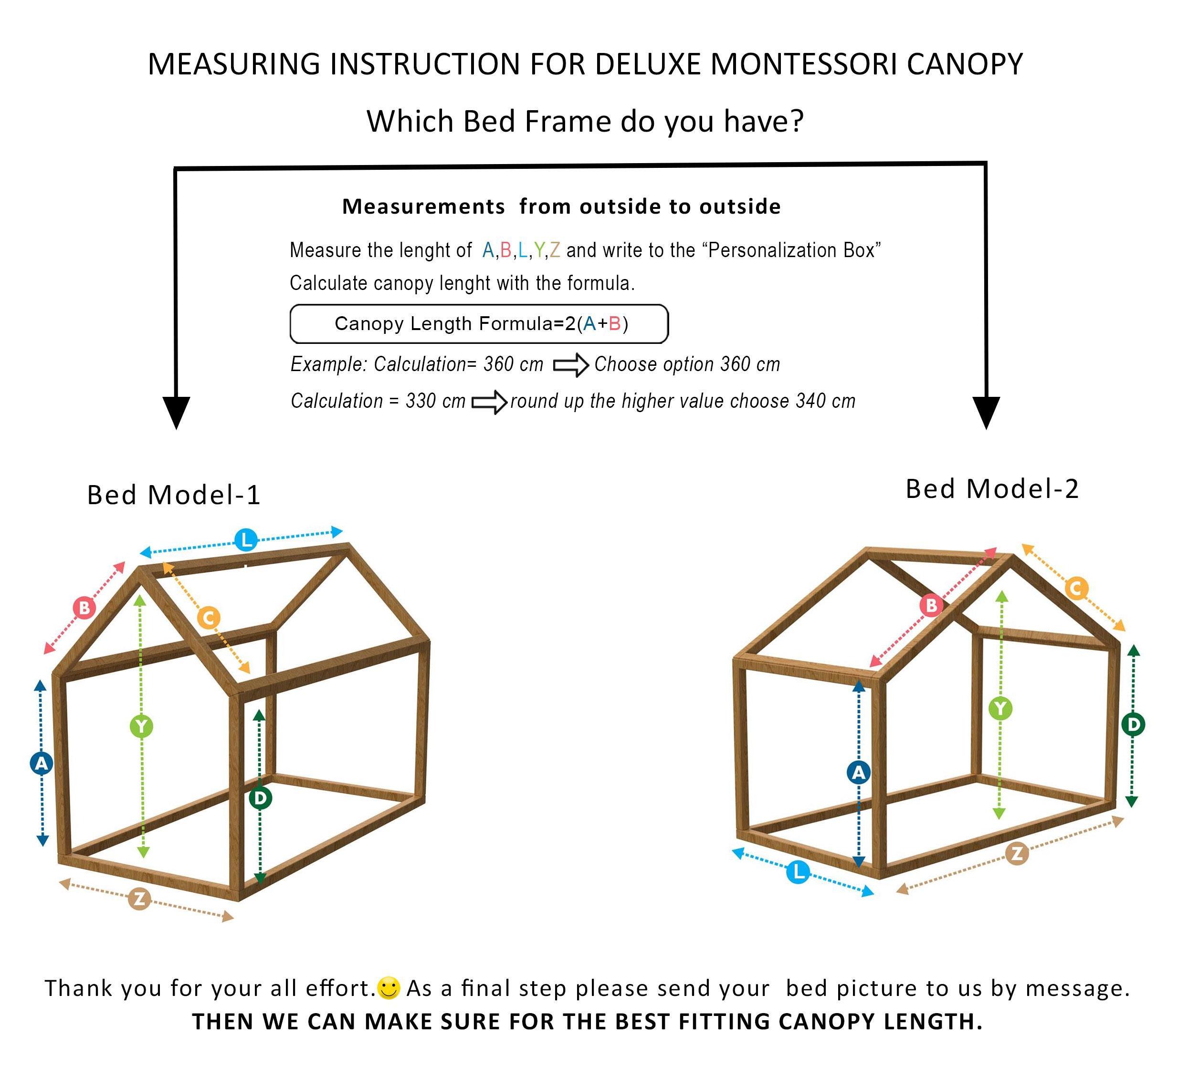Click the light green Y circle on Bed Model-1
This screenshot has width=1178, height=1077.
[141, 726]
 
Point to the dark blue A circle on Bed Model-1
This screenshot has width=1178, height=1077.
[42, 763]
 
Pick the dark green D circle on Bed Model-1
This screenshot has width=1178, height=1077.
[260, 798]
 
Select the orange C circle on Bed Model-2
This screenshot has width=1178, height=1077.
[1076, 588]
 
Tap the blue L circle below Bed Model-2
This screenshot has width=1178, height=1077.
[798, 872]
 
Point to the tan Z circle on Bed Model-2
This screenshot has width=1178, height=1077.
[1017, 854]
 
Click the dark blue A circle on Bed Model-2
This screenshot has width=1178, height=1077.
[858, 773]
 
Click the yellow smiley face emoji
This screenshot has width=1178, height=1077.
[389, 988]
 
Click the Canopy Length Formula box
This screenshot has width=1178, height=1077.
[479, 323]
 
